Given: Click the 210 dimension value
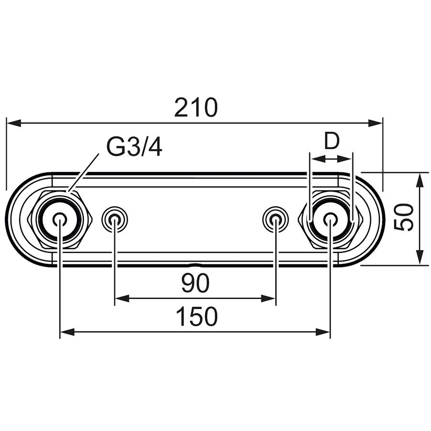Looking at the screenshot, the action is point(196,107).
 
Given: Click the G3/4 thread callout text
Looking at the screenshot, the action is point(134,147).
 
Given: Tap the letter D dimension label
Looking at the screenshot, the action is point(332,141).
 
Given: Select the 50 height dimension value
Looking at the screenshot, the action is point(404,217).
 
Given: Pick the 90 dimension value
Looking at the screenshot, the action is point(195,283).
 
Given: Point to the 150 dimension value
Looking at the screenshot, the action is point(196,317).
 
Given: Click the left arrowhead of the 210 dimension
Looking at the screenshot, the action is point(13,123).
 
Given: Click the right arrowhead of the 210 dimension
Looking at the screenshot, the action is point(375,123).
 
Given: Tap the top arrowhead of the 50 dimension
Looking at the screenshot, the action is point(419,180).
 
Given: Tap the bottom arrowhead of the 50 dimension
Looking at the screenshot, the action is point(419,258).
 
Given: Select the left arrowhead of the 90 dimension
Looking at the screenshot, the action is point(122,298).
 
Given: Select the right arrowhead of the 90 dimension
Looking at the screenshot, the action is point(268,298).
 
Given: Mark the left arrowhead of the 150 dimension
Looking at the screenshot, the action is point(68,332).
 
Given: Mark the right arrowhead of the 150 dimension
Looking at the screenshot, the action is point(323,332).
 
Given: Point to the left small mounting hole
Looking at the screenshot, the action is point(114,219).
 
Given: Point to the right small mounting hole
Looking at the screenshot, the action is point(276,219).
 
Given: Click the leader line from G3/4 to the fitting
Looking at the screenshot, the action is point(83,172).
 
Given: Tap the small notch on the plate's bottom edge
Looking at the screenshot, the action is point(194,265).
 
